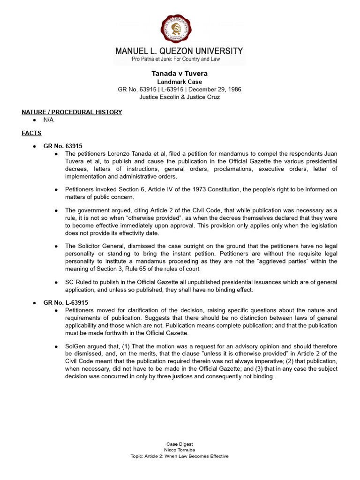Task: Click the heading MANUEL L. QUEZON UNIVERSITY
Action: click(x=180, y=51)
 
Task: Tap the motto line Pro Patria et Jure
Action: click(x=180, y=60)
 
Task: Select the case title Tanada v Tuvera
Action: click(x=180, y=74)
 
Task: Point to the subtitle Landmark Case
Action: click(x=180, y=82)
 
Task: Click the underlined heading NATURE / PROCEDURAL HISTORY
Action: click(x=72, y=112)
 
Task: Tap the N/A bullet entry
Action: click(x=49, y=120)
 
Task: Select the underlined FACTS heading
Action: click(x=31, y=133)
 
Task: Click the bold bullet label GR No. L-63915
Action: click(x=66, y=303)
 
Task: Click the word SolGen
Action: click(x=76, y=346)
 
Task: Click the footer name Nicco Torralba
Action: click(x=180, y=450)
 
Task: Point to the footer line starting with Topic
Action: click(x=180, y=456)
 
